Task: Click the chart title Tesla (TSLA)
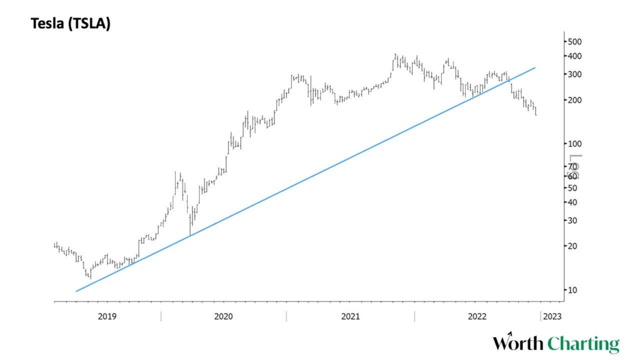coord(70,23)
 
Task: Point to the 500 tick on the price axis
coord(575,41)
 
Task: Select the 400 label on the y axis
coord(575,56)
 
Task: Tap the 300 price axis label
coord(575,74)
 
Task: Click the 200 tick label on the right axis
coord(575,100)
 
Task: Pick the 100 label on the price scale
coord(575,144)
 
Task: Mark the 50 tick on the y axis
coord(573,188)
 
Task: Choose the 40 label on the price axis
coord(573,202)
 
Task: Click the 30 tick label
coord(573,220)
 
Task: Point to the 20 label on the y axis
coord(573,246)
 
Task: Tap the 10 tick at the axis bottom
coord(573,290)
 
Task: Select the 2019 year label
coord(107,316)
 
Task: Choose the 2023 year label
coord(552,316)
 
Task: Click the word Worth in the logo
coord(518,344)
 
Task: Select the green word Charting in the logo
coord(583,344)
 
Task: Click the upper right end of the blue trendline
coord(535,67)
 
